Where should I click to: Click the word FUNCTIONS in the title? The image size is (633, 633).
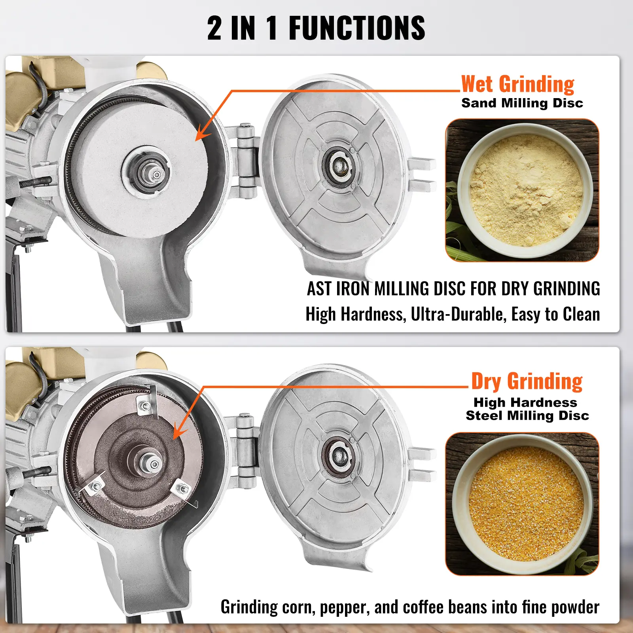[x=356, y=28]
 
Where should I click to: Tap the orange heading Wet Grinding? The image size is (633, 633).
[x=517, y=84]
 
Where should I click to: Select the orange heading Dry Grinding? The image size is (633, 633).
[x=527, y=381]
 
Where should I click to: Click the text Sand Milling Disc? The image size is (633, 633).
[x=522, y=103]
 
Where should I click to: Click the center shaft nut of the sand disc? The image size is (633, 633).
[x=156, y=174]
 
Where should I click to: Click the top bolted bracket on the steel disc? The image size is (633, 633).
[x=145, y=406]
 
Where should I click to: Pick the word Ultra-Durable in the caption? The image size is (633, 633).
[x=459, y=315]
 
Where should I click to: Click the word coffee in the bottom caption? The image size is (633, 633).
[x=424, y=607]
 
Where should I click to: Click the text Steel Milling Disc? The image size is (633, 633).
[x=527, y=415]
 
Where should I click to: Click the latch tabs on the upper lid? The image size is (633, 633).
[x=422, y=173]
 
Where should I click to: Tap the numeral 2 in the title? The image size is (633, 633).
[x=214, y=28]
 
